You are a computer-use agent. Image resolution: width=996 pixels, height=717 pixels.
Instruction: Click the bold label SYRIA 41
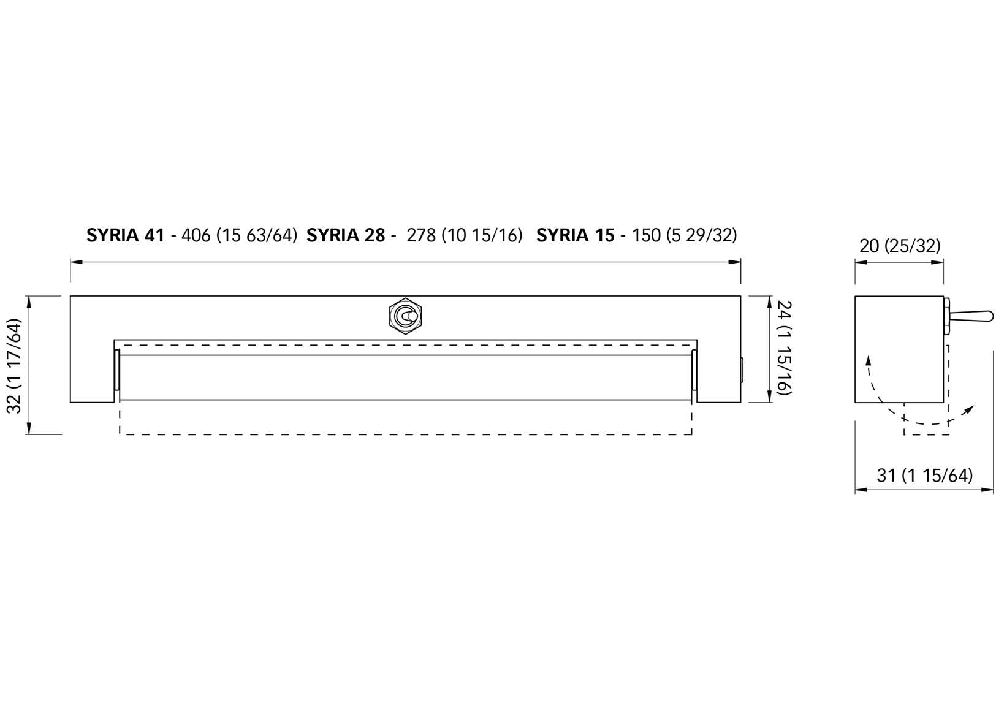pos(126,235)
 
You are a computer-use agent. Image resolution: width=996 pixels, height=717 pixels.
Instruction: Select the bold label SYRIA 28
pos(346,235)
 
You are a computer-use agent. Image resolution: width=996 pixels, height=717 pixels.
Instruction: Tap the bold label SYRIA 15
pos(575,235)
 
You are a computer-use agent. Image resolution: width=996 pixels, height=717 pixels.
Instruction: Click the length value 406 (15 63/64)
pos(239,235)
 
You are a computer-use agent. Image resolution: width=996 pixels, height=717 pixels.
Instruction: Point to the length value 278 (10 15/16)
pos(465,235)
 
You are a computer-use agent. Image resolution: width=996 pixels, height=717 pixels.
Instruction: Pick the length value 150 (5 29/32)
pos(684,235)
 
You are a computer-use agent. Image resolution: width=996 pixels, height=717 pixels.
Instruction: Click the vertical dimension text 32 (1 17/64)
pos(15,365)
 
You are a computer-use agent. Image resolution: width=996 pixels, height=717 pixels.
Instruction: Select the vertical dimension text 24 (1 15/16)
pos(785,348)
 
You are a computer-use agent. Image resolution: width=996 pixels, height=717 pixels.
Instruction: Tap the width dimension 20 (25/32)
pos(899,246)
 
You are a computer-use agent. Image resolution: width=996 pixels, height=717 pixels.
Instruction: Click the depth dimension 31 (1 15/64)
pos(924,476)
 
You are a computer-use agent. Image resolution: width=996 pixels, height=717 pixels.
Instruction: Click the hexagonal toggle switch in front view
pos(406,316)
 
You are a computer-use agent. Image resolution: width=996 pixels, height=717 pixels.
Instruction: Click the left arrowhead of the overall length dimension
pos(76,262)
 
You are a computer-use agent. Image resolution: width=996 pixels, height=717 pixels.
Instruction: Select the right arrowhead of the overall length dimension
pos(735,262)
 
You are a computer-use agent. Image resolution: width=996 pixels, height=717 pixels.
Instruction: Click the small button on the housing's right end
pos(742,370)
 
